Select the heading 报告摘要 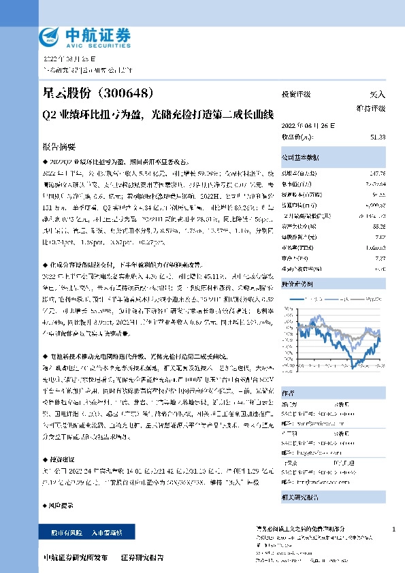point(59,146)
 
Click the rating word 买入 point(377,95)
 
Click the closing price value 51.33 point(378,137)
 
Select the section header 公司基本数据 point(300,157)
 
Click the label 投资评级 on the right point(296,95)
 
